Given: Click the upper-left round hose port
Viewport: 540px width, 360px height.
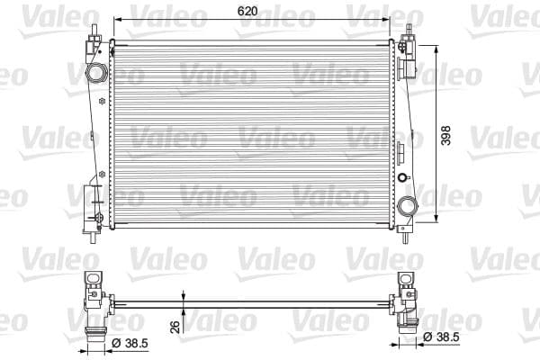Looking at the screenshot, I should (x=95, y=71).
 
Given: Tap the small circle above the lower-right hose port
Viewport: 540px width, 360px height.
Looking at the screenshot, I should (x=402, y=177).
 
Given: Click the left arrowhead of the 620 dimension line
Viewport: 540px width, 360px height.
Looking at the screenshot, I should (x=113, y=20).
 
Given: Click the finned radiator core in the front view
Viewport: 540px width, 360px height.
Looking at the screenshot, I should (x=252, y=135).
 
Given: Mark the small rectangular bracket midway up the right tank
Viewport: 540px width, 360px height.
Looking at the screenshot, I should (x=404, y=143).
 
